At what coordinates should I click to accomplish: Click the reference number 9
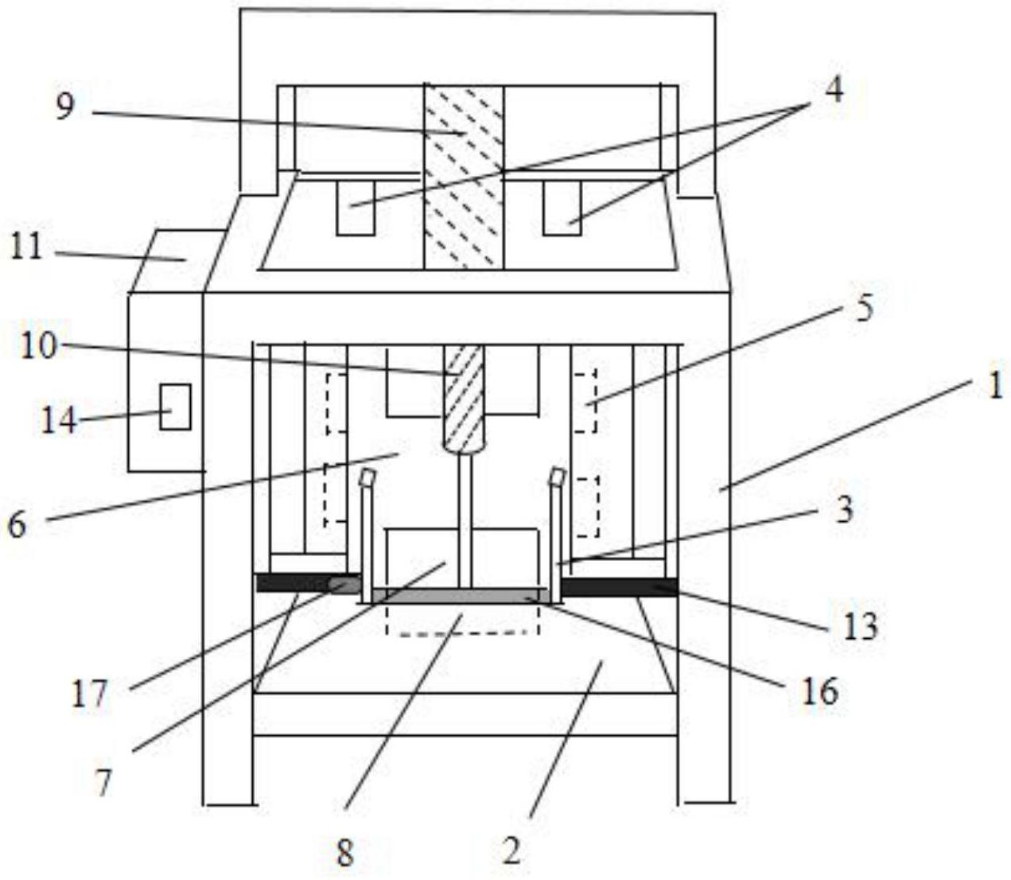pos(65,106)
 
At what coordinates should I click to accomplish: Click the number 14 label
pos(59,419)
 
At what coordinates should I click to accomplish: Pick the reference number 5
pos(863,307)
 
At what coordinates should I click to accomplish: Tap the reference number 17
pos(89,695)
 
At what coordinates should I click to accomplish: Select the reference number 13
pos(861,626)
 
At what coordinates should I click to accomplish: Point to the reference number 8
pos(344,854)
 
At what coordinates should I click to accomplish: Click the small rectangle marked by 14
pos(175,407)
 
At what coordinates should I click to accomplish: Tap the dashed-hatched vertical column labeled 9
pos(464,175)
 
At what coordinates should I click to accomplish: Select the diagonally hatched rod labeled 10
pos(464,398)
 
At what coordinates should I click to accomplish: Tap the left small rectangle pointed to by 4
pos(355,208)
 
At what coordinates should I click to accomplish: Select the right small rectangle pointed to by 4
pos(562,208)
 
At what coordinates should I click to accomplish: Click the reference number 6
pos(17,524)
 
